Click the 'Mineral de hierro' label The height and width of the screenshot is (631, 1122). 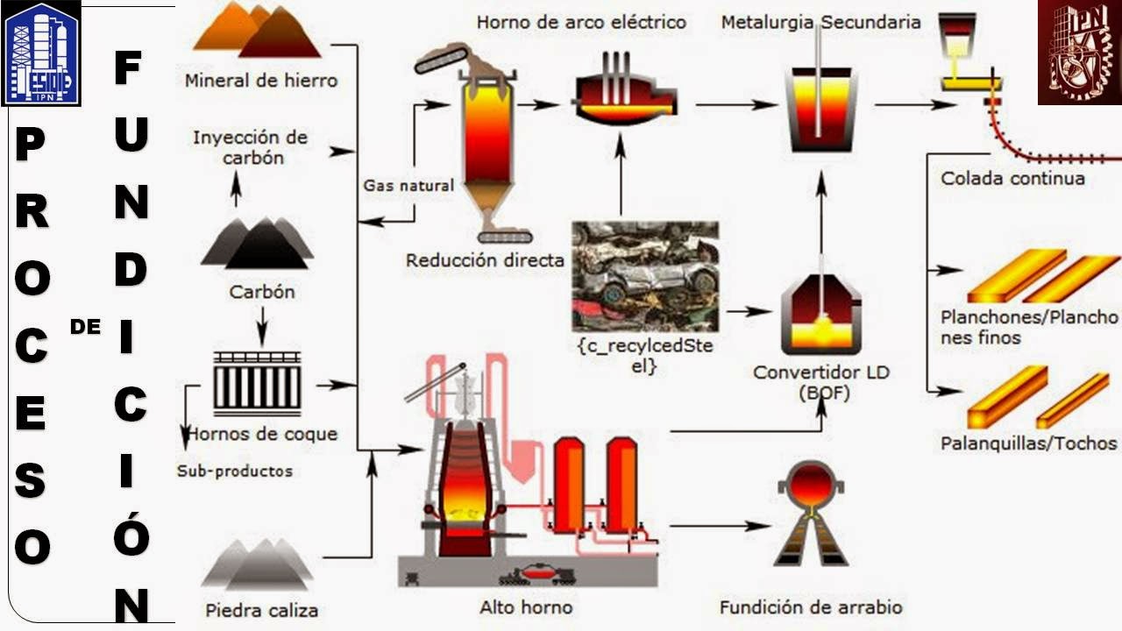(260, 81)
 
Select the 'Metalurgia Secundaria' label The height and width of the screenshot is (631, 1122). (820, 22)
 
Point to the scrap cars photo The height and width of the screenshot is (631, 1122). (645, 275)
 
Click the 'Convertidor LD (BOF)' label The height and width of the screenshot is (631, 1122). (821, 382)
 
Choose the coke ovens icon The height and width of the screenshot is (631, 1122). (257, 383)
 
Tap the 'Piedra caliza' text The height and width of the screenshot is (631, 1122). (261, 609)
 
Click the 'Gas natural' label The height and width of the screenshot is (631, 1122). (408, 186)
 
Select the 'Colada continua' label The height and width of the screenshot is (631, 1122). (1012, 178)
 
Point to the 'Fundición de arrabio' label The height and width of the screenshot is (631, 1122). (810, 606)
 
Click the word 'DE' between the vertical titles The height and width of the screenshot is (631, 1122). (85, 327)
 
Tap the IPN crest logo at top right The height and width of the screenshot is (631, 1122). (1079, 53)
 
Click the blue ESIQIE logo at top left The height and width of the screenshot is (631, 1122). (41, 53)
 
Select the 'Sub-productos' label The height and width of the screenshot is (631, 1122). (235, 471)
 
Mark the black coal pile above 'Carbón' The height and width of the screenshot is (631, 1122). (256, 244)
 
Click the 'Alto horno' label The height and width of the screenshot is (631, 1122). (526, 606)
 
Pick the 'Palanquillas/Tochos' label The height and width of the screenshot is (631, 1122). (1028, 443)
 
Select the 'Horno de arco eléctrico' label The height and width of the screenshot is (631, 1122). (581, 22)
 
